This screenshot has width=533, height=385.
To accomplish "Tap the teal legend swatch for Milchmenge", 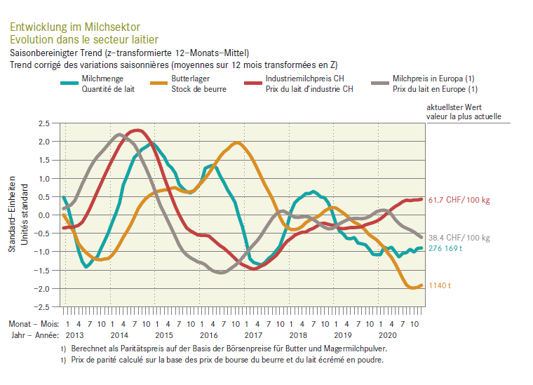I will click(x=67, y=83).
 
